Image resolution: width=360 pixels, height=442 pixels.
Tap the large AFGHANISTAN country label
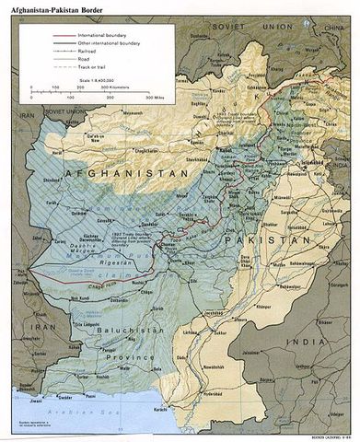[114, 174]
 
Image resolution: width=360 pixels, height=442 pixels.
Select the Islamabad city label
[282, 183]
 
